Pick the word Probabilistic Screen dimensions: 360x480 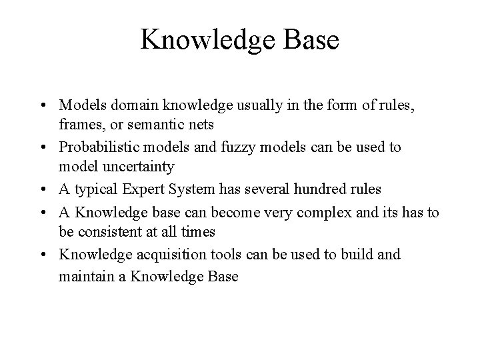tap(99, 147)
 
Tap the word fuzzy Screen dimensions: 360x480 tap(235, 147)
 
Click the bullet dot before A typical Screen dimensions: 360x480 tap(43, 189)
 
